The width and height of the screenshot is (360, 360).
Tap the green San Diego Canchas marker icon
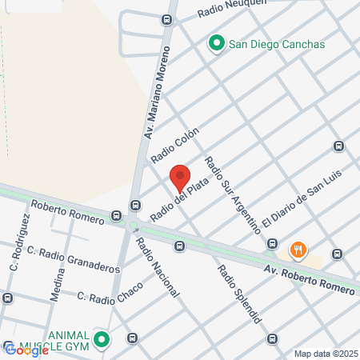coord(216,44)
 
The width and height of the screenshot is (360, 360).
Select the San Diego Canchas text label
coord(277,44)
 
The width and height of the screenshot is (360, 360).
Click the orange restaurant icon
coord(298,250)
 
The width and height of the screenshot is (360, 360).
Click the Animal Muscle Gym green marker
coord(101,340)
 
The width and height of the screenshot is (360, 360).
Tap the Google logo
coord(26,350)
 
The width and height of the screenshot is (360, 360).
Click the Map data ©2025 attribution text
coord(326,354)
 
